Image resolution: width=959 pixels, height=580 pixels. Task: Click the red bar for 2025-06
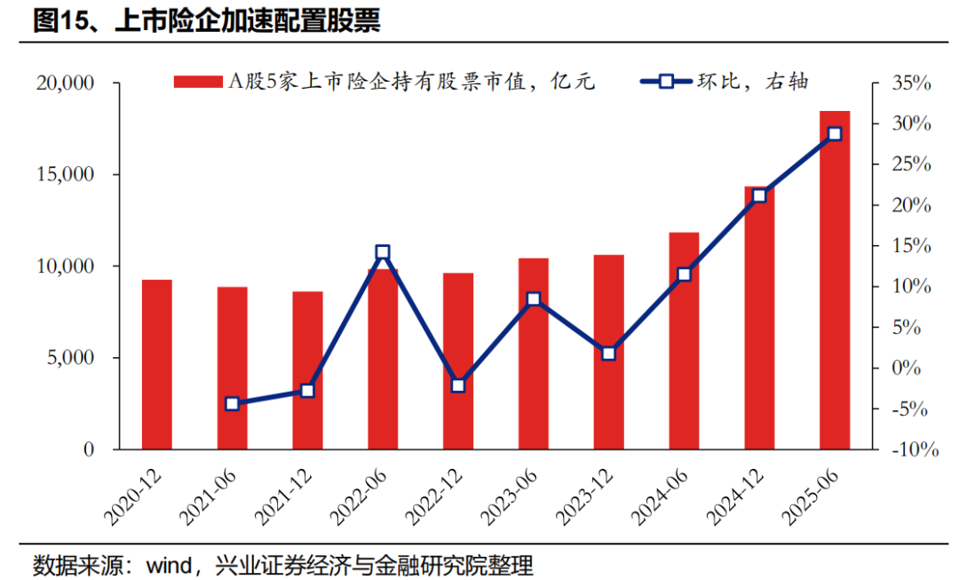834,280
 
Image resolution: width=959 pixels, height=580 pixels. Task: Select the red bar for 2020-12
157,364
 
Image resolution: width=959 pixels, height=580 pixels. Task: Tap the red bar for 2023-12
608,352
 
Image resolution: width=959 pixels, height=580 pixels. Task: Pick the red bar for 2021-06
233,368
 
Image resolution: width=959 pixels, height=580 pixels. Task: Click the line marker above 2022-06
383,253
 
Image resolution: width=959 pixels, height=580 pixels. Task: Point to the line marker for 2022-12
458,385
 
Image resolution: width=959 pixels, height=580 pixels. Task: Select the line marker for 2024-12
759,195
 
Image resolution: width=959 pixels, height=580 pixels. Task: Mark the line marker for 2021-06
233,404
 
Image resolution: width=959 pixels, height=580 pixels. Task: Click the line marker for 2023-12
608,354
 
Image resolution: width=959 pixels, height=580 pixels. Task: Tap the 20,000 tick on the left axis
66,83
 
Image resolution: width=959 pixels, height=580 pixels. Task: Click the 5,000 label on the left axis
71,358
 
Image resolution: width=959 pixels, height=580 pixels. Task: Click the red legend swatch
197,83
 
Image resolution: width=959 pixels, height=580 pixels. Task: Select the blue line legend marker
665,83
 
